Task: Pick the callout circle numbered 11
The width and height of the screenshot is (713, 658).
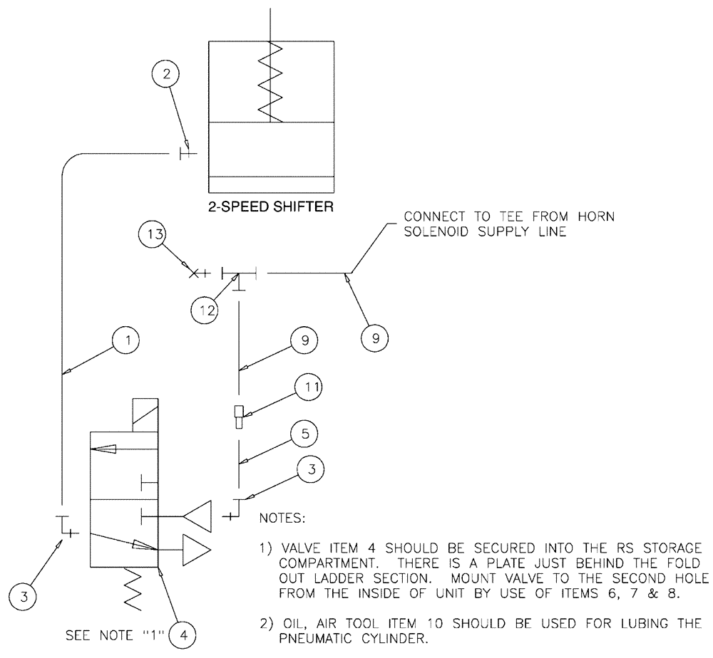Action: (307, 389)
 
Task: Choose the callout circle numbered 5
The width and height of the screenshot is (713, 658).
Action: (304, 434)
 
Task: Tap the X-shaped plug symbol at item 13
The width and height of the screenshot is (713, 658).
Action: (193, 273)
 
